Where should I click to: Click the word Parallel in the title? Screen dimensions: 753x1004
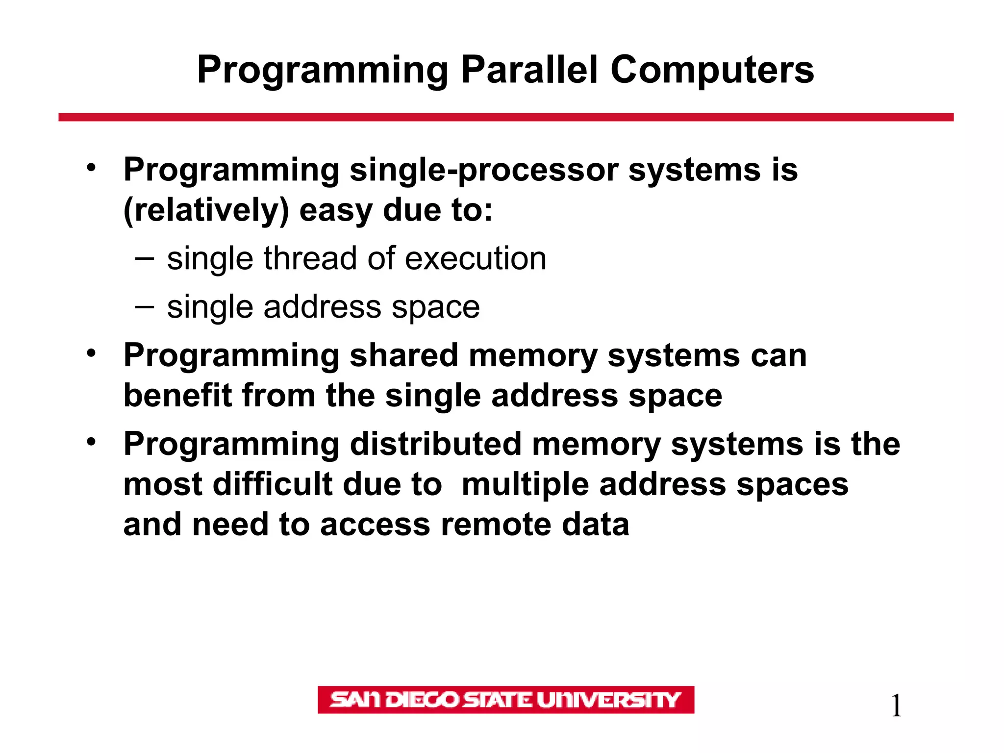coord(529,70)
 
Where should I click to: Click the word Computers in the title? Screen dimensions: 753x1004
coord(712,70)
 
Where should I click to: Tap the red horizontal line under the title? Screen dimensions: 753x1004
coord(505,117)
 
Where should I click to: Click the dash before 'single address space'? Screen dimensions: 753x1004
coord(145,307)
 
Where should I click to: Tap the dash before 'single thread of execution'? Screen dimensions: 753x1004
coord(145,258)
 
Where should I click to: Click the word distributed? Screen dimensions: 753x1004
coord(435,444)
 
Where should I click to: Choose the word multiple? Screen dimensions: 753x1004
coord(525,484)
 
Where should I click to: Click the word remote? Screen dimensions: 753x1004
coord(496,525)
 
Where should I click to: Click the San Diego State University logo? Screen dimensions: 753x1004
coord(505,700)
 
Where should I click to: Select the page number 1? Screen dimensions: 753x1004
coord(896,706)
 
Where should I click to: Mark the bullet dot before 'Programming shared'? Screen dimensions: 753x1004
coord(91,353)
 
